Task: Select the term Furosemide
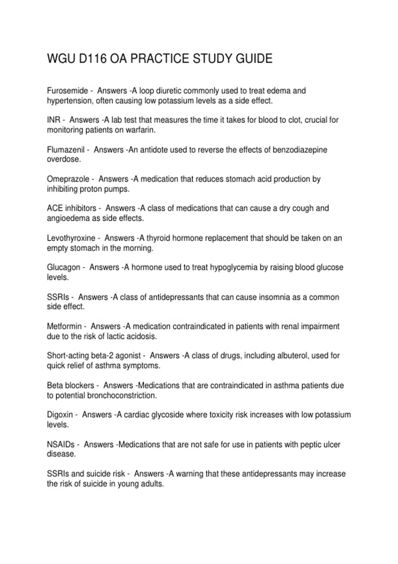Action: [x=68, y=91]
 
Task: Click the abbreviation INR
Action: [x=54, y=120]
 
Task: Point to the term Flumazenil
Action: [x=66, y=150]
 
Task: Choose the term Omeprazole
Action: [x=68, y=179]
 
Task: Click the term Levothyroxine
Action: [x=71, y=238]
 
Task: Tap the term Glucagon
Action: [x=63, y=267]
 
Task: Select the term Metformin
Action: [x=64, y=326]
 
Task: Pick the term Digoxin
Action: [x=60, y=415]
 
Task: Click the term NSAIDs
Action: [x=61, y=444]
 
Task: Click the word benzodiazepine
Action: [x=300, y=150]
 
